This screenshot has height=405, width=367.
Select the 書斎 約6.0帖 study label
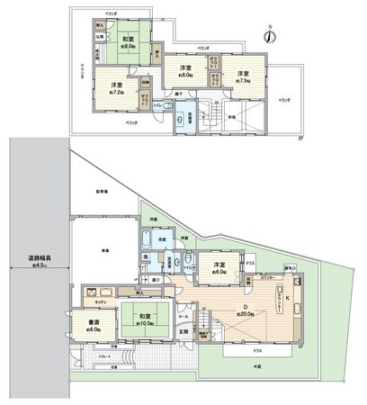point(94,324)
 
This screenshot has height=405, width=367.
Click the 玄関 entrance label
point(182,335)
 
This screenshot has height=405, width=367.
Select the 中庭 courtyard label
point(247,367)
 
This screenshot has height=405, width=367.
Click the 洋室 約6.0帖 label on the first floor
point(219,267)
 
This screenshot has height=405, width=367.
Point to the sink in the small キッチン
point(92,293)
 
